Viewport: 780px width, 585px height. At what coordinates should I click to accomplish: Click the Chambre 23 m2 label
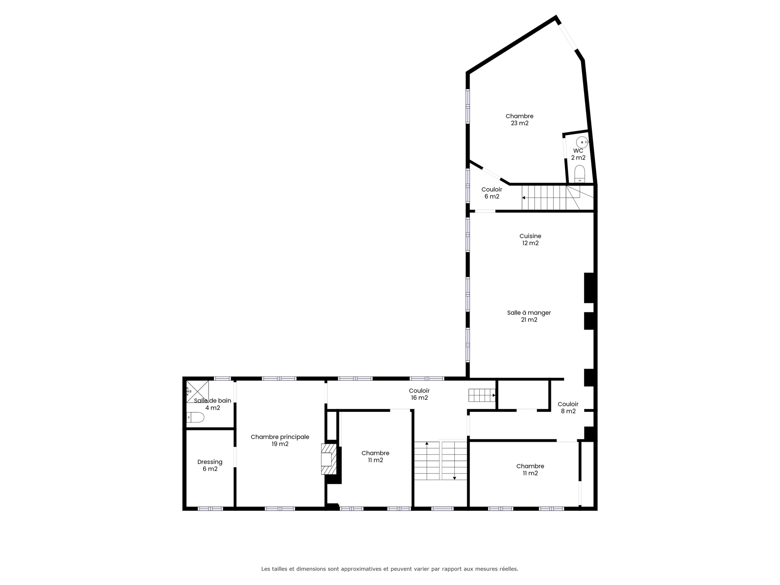[x=519, y=120]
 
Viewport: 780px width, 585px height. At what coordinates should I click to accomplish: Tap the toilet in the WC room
[x=579, y=174]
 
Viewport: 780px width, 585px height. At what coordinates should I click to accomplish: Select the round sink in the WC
[x=582, y=142]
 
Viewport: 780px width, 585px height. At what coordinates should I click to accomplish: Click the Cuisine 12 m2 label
[x=530, y=239]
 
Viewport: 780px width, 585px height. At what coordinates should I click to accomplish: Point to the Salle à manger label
[x=529, y=312]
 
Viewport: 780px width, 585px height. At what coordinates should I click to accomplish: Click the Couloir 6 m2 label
[x=492, y=193]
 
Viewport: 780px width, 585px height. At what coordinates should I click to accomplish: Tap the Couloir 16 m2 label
[x=419, y=394]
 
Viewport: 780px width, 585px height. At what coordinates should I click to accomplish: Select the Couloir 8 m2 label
[x=568, y=408]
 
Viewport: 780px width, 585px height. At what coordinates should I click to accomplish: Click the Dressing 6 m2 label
[x=210, y=465]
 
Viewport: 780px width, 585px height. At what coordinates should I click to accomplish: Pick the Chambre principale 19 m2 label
[x=280, y=440]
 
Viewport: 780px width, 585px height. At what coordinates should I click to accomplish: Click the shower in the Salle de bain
[x=197, y=392]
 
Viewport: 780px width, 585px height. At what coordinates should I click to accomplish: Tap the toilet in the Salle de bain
[x=195, y=417]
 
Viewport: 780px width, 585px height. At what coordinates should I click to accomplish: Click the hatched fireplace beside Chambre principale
[x=329, y=459]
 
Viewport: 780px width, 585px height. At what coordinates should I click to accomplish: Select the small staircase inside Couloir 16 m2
[x=482, y=395]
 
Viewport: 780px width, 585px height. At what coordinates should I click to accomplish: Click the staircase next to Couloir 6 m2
[x=557, y=197]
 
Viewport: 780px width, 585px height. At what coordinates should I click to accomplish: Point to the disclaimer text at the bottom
[x=390, y=568]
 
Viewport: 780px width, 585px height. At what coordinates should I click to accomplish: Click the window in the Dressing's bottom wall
[x=210, y=508]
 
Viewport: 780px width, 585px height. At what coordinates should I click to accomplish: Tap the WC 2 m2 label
[x=578, y=154]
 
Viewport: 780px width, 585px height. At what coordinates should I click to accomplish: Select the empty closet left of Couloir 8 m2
[x=523, y=394]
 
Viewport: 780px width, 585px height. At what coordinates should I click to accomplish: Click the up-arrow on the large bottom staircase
[x=427, y=444]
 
